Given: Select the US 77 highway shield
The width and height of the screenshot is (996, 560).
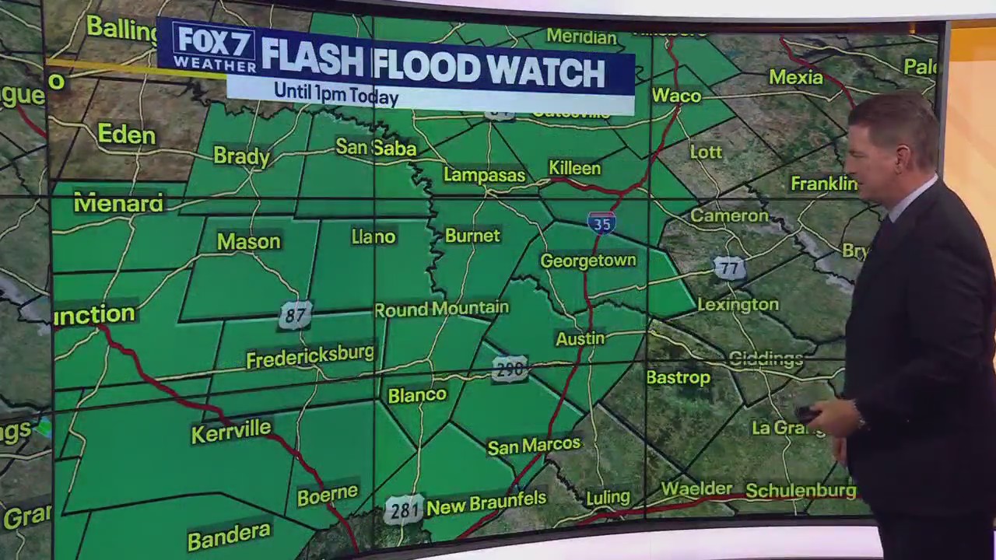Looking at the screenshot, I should pos(728,269).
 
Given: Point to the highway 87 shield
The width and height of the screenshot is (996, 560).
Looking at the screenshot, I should pos(295,315).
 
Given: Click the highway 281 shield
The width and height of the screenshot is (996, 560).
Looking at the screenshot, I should pos(404,509).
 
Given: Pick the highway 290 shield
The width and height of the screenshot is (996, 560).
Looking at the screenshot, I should pos(510,369).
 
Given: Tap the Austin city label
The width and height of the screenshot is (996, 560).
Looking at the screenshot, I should pos(580,338).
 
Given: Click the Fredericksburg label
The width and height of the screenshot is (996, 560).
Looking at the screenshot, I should pos(310,355).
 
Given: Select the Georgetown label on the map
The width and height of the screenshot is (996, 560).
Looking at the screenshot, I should pos(588,261).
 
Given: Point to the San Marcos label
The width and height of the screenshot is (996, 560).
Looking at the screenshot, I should pos(534,446).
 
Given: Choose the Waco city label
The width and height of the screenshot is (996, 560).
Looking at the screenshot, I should pos(676,96).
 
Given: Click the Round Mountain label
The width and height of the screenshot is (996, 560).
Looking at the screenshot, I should pos(441,309).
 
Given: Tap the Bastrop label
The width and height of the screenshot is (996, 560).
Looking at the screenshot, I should pos(679,377).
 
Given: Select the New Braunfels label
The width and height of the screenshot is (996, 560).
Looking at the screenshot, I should pos(486,504).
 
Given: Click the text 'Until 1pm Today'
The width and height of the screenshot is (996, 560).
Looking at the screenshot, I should pos(336,94).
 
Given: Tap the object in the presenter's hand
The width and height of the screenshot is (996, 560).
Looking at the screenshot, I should pos(808,415).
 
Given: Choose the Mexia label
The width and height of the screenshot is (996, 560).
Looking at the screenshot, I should pos(796,77).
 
